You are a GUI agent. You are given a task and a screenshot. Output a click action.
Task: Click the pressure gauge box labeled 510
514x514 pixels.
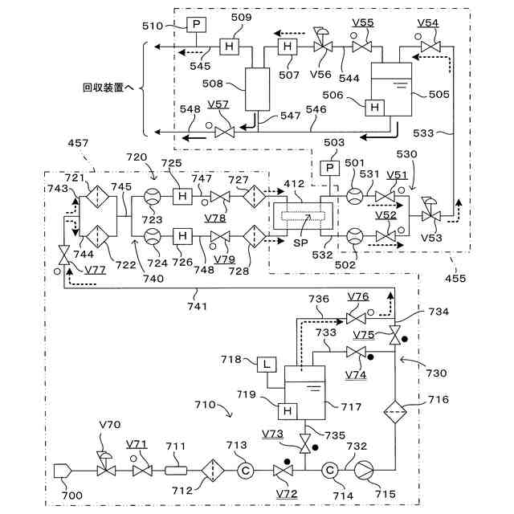[x=196, y=24]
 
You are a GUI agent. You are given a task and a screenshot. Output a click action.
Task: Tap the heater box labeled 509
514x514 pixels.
[x=229, y=47]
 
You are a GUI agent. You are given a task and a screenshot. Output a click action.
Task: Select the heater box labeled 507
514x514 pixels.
[x=288, y=47]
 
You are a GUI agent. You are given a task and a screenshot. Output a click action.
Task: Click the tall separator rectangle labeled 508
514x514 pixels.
[x=258, y=89]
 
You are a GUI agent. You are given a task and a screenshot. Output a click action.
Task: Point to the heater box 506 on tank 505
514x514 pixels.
[x=375, y=108]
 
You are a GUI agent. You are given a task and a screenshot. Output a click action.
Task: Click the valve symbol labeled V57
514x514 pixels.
[x=225, y=133]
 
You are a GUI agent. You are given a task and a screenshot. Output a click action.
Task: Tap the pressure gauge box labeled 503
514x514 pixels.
[x=330, y=169]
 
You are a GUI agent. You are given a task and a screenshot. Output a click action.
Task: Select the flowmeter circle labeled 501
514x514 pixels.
[x=355, y=196]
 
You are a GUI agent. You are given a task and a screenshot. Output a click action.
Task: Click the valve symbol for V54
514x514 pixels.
[x=430, y=47]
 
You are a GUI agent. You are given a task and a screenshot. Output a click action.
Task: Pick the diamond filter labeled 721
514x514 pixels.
[x=98, y=197]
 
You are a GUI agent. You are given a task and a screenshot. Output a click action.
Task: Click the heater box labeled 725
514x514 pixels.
[x=182, y=196]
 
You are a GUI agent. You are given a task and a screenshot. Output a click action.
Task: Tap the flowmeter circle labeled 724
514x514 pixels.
[x=153, y=236]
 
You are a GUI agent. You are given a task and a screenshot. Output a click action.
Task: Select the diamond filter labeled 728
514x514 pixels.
[x=255, y=236]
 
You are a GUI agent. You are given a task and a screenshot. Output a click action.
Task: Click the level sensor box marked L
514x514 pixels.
[x=267, y=365]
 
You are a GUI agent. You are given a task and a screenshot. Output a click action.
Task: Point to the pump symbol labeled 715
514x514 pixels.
[x=364, y=471]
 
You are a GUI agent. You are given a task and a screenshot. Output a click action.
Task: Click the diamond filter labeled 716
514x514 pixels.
[x=395, y=412]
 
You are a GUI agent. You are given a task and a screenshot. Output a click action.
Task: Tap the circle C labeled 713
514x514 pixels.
[x=246, y=471]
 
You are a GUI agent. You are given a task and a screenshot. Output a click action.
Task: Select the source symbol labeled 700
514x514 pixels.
[x=63, y=471]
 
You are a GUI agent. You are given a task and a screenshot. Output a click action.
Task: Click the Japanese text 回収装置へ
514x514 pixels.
[x=108, y=88]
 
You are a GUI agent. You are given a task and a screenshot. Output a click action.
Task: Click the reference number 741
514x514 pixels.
[x=198, y=306]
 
